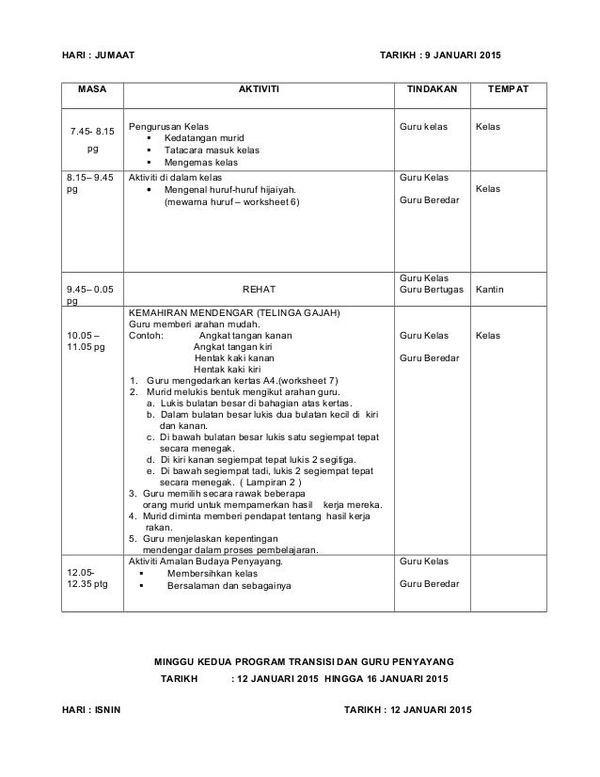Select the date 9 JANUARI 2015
(458, 55)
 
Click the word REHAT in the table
(257, 290)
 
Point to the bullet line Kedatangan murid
(203, 137)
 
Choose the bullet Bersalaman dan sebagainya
(229, 585)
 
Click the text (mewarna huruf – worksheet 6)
(229, 200)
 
